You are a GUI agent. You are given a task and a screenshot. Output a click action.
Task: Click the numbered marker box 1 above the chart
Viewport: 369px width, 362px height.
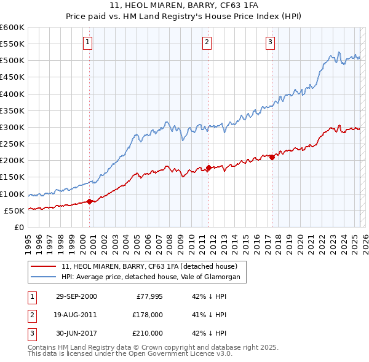tap(88, 42)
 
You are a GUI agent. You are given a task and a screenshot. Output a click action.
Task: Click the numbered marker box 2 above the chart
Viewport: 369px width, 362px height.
tap(207, 42)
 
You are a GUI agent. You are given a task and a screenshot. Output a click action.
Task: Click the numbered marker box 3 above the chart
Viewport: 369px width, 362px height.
tap(271, 42)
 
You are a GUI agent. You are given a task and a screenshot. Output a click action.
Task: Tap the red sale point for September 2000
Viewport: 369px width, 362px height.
tap(90, 201)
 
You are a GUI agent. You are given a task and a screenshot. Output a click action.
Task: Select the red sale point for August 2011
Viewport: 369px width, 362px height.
tap(208, 168)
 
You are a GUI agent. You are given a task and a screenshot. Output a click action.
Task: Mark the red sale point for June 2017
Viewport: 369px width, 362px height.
tap(272, 157)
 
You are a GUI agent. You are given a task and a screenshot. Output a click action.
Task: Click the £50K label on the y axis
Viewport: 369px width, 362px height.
tap(14, 210)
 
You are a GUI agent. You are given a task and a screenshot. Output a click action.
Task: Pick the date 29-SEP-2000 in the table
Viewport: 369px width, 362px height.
tap(76, 296)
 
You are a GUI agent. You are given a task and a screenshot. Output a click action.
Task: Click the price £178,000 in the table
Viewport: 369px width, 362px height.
tap(148, 315)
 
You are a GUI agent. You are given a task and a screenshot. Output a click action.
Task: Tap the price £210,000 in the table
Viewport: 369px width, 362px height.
tap(148, 333)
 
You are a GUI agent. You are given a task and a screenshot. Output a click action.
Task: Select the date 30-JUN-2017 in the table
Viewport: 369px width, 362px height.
tap(76, 333)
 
